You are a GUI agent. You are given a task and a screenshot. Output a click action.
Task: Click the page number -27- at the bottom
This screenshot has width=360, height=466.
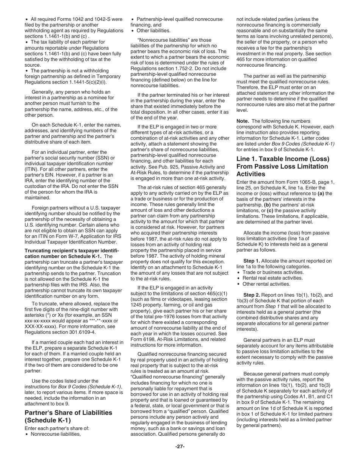tap(180, 446)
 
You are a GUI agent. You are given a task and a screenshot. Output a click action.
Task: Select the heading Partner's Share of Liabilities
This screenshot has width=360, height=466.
tap(68, 416)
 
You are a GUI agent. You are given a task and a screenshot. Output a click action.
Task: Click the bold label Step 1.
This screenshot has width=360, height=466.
tap(252, 261)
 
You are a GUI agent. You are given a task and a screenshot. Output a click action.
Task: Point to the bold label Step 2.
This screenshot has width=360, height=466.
tap(252, 295)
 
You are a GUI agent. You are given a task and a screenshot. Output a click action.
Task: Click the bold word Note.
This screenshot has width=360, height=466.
tap(243, 121)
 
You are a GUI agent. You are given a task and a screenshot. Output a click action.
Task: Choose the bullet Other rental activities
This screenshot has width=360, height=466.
tap(261, 284)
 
